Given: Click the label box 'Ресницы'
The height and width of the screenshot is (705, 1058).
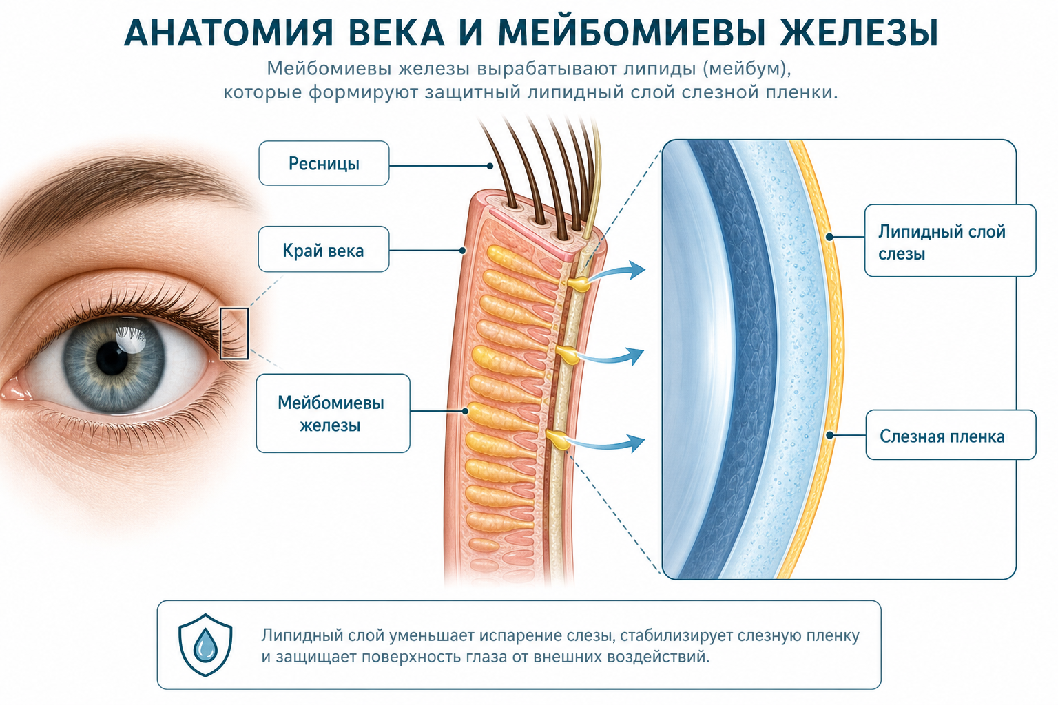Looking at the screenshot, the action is (x=324, y=163).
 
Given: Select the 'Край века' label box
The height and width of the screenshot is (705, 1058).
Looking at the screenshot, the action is (x=324, y=249).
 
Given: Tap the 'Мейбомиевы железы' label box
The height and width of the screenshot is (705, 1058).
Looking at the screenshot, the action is (x=333, y=413).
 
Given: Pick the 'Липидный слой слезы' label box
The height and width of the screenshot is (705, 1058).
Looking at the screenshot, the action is (x=951, y=240).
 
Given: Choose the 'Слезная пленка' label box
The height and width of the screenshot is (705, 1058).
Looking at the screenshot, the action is (x=951, y=435).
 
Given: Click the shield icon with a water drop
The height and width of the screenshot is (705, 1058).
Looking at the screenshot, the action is (x=205, y=645).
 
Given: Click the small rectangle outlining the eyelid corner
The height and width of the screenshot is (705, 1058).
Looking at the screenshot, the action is (x=234, y=334).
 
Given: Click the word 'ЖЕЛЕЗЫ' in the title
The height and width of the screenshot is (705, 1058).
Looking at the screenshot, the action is (x=858, y=33).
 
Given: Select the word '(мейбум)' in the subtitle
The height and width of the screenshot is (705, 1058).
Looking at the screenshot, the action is (x=747, y=69).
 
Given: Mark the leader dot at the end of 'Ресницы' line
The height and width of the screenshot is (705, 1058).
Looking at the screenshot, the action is (x=490, y=166).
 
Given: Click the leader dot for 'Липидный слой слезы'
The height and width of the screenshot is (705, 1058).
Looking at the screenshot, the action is (x=829, y=237).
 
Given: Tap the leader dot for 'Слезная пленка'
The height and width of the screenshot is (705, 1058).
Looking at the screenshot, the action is (x=830, y=435).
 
